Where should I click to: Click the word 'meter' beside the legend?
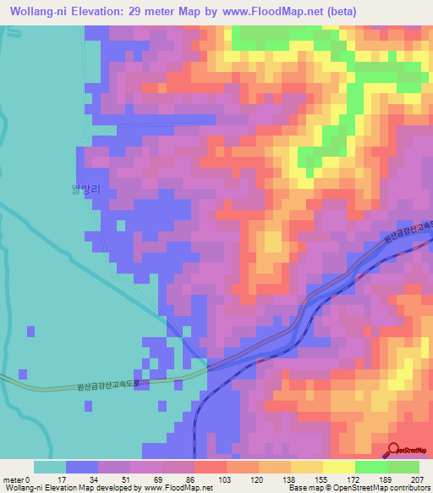12,479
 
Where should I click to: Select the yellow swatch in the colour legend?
338,467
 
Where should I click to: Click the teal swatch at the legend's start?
49,467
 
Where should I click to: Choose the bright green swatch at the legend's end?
403,467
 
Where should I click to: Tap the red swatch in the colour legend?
210,467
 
